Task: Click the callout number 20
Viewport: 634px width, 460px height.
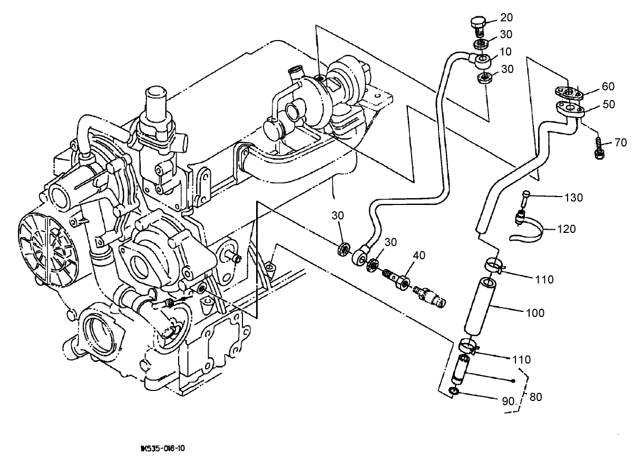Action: [x=506, y=17]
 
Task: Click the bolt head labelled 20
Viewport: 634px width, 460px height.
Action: [x=476, y=23]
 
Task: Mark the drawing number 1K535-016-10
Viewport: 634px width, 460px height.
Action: [x=163, y=449]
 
